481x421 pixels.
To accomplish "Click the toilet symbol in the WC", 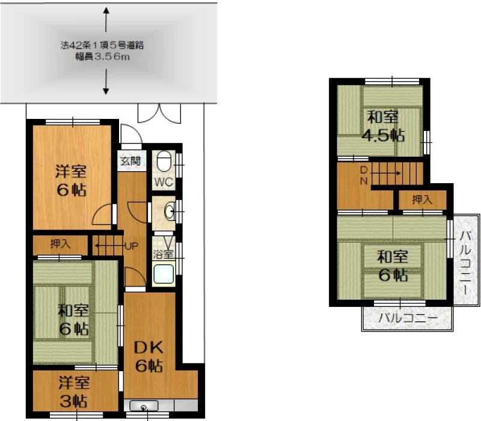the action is click(164, 162).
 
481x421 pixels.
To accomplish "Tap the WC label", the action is click(164, 182).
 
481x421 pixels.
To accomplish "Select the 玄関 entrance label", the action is click(130, 161).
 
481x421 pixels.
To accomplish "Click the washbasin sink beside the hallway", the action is click(170, 211).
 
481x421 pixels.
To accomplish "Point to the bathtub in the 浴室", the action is click(164, 274).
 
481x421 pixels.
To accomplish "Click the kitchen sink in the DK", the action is click(144, 405).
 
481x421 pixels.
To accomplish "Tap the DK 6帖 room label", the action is click(149, 356).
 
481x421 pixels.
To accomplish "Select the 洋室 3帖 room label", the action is click(74, 392).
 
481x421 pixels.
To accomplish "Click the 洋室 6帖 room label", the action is click(71, 181).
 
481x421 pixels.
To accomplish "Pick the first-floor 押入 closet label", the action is click(61, 244).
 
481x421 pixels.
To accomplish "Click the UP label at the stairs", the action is click(131, 246).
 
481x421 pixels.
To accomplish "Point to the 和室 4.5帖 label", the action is click(383, 126).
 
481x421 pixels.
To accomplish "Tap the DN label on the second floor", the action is click(364, 175).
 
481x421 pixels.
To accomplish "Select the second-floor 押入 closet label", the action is click(423, 200).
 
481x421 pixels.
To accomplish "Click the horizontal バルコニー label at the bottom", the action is click(408, 318).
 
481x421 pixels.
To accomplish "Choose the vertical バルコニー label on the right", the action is click(465, 262).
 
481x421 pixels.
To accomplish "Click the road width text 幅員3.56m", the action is click(103, 56).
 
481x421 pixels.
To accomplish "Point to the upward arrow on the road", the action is click(106, 20).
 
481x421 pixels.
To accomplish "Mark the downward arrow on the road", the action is click(106, 82).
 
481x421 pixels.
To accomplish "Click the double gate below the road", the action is click(159, 114).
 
